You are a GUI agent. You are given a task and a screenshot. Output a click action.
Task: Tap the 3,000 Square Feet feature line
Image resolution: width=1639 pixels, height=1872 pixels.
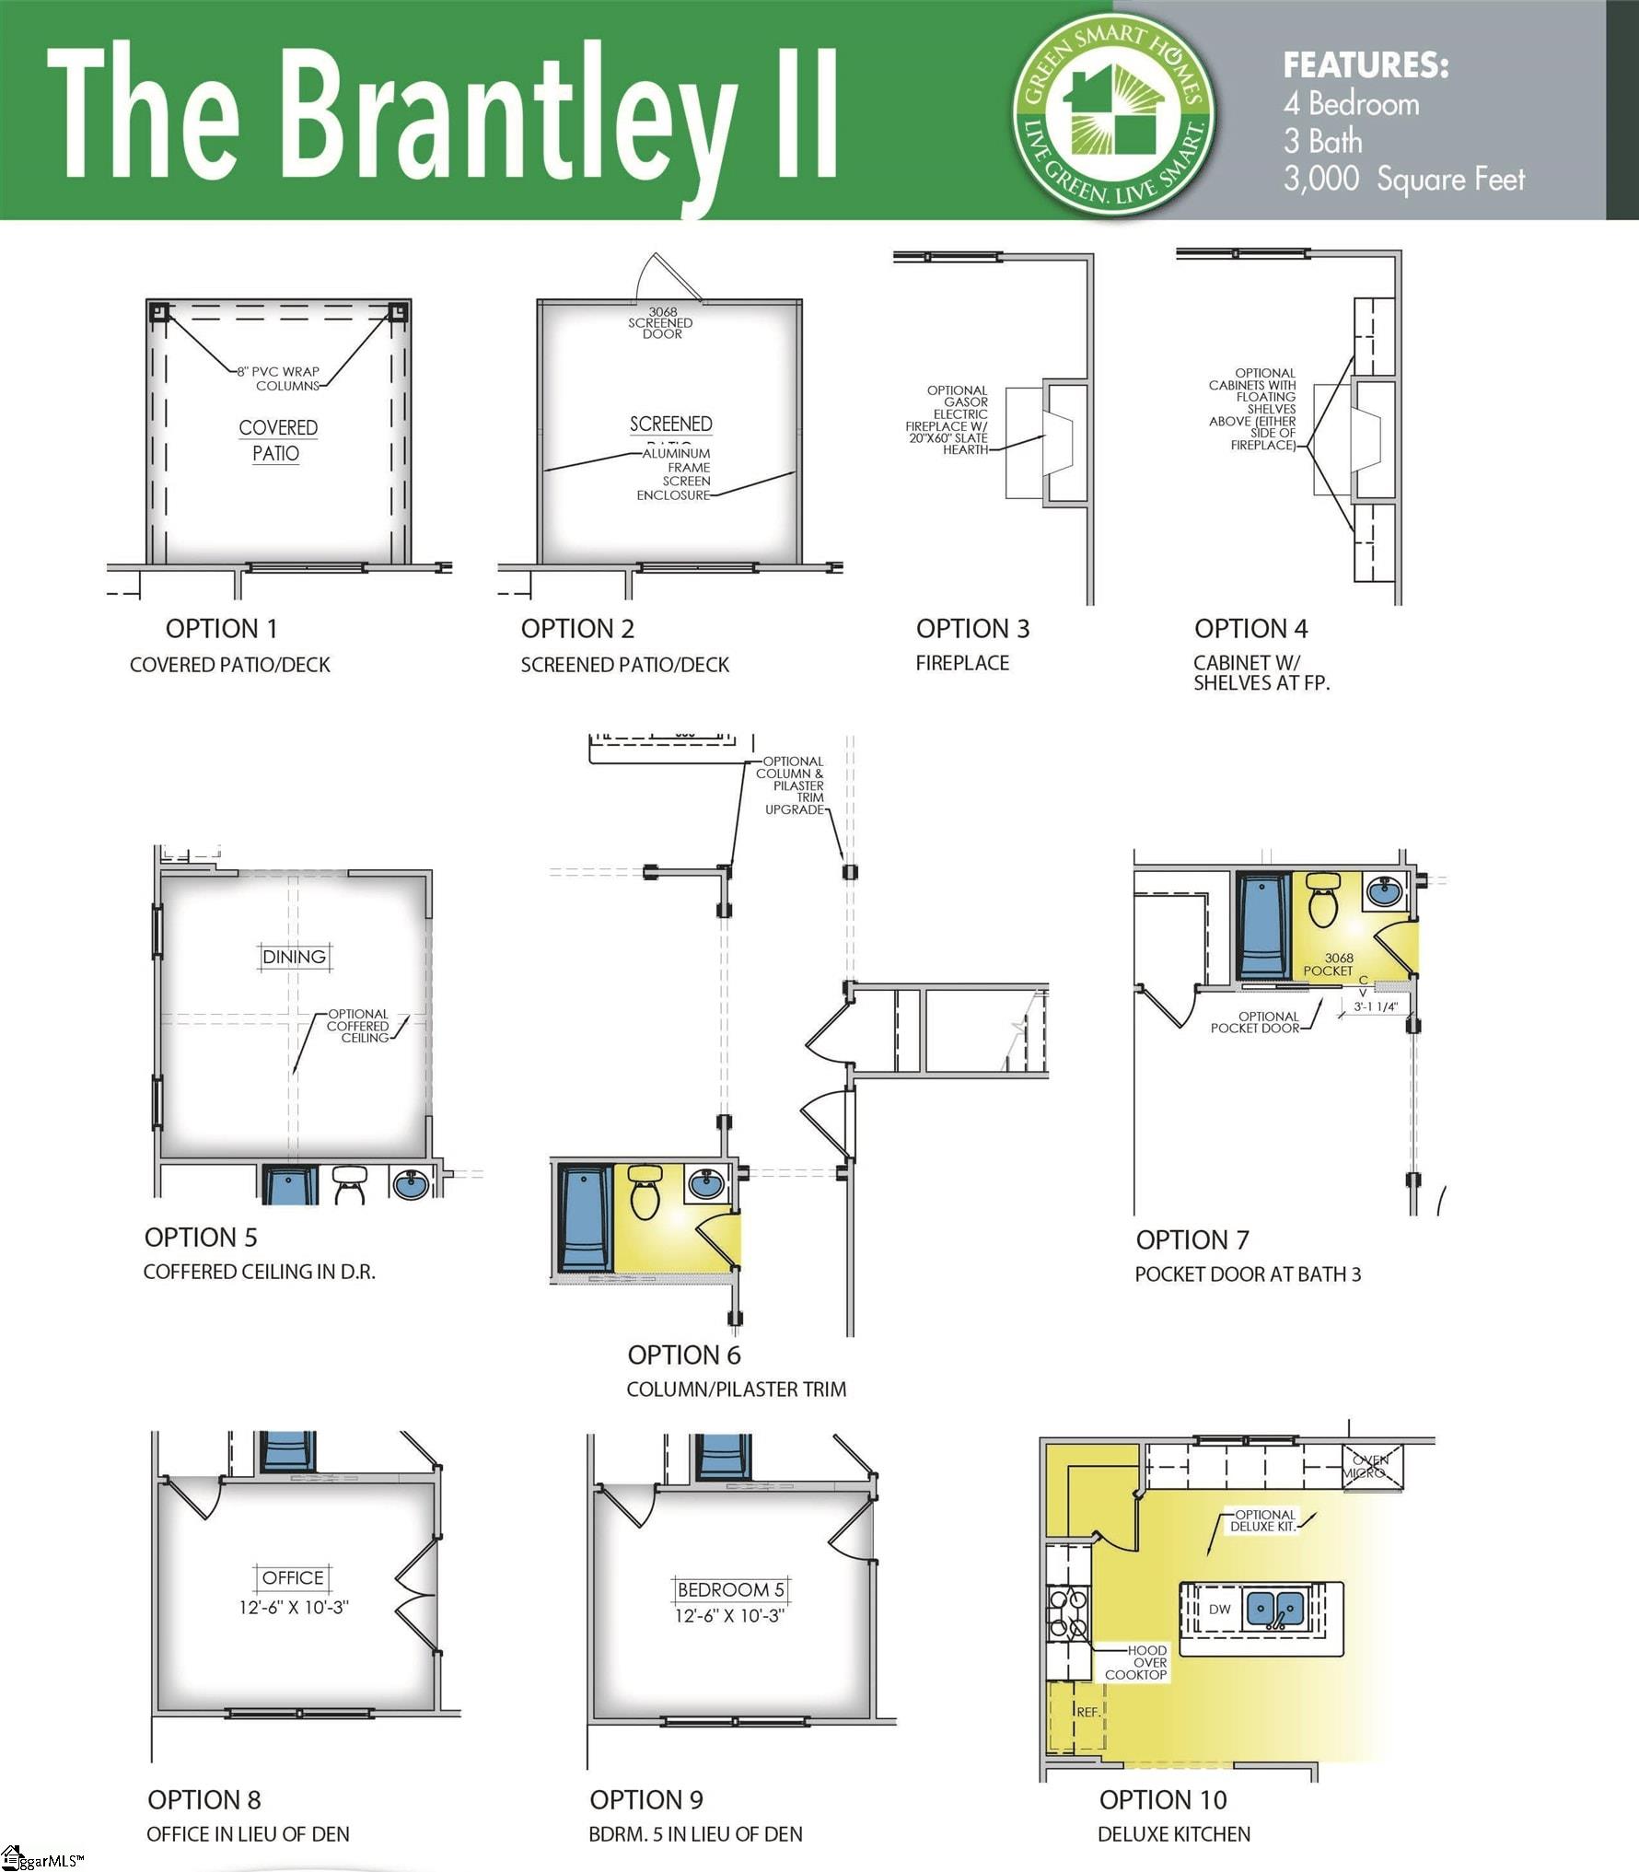1403,179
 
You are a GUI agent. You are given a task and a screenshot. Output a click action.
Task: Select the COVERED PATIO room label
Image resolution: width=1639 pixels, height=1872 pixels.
277,440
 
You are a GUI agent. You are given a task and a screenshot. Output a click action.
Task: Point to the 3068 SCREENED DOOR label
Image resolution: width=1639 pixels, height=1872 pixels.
661,323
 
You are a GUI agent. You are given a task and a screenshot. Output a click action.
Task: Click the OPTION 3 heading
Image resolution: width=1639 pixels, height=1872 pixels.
972,629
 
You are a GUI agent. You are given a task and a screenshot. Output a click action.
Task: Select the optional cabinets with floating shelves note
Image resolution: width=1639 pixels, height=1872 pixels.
1255,409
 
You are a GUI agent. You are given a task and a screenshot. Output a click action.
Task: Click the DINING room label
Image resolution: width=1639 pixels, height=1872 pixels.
294,957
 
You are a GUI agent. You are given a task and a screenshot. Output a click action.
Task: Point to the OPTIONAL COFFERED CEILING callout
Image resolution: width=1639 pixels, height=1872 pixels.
358,1026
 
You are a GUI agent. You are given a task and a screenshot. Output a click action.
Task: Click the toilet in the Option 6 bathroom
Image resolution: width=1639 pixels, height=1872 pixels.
646,1194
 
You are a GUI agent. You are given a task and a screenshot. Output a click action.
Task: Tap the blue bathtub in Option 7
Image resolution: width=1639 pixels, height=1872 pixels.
1264,926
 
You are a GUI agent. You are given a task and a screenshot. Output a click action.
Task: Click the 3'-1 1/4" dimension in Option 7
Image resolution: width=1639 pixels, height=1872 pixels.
1375,1007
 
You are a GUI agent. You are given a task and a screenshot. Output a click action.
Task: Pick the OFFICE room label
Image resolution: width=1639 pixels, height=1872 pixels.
293,1577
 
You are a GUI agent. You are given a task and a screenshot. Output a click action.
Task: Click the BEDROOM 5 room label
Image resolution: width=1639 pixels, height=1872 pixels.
730,1589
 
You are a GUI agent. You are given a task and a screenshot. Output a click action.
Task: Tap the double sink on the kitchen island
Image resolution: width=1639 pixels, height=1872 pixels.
1275,1609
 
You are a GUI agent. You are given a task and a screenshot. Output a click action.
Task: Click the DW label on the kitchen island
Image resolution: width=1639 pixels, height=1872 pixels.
1219,1610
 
